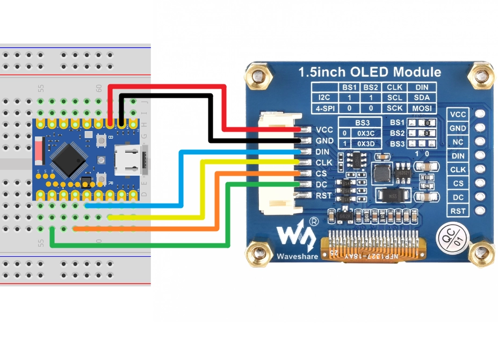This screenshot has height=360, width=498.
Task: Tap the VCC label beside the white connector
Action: (x=325, y=130)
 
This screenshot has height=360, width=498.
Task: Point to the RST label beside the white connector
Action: (x=324, y=196)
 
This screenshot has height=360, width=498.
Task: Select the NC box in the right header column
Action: (x=458, y=142)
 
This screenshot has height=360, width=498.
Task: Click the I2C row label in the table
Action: (x=324, y=98)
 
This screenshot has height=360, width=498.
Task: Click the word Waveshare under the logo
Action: (x=296, y=257)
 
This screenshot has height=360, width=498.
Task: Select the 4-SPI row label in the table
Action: (x=324, y=108)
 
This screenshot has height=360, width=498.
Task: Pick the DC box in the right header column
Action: (x=458, y=197)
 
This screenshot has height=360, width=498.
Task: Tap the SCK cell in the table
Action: (x=395, y=108)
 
